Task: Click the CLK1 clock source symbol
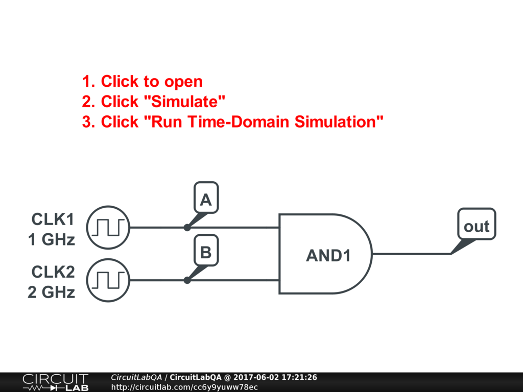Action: (x=108, y=227)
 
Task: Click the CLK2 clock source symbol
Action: (x=108, y=280)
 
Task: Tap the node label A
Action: (x=206, y=200)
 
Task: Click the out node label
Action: (x=476, y=226)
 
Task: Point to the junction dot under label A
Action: (x=187, y=228)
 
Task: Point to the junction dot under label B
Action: (x=187, y=280)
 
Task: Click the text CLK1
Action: (x=53, y=219)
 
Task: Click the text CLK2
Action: (x=53, y=272)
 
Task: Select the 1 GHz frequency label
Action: (x=51, y=239)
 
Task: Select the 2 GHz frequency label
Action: (x=51, y=292)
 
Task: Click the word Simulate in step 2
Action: (x=185, y=102)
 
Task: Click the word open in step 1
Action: (x=183, y=82)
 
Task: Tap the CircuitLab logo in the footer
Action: (x=55, y=382)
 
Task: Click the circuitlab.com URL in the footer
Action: (x=184, y=387)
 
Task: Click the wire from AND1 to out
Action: (x=411, y=254)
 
